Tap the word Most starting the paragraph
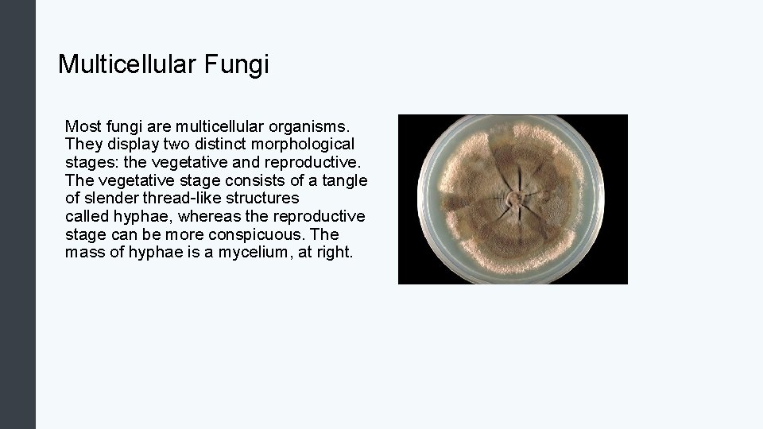(82, 126)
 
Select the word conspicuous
(258, 234)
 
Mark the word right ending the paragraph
(332, 253)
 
